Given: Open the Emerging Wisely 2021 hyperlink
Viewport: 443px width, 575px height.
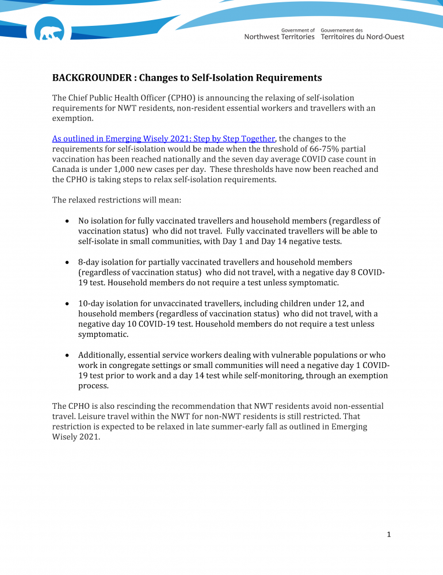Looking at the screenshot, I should point(164,139).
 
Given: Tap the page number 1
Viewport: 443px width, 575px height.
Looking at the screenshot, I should point(389,535).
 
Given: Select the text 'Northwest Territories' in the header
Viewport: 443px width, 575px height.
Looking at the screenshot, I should point(280,37).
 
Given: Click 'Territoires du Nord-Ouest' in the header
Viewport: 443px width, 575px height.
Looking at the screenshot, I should point(362,37).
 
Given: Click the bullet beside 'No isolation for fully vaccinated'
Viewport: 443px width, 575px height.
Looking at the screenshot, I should point(68,221).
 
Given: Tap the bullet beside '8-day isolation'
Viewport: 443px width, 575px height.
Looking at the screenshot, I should point(68,262).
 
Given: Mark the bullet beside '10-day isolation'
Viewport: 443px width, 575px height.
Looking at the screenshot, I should point(68,304).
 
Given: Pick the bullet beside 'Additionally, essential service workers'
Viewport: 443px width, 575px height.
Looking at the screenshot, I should point(68,355).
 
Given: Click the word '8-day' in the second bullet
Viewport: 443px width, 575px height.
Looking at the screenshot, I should point(90,262).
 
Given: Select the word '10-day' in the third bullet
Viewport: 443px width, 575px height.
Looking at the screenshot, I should point(93,304).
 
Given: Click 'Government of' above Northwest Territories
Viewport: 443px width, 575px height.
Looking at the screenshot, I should point(297,30).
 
